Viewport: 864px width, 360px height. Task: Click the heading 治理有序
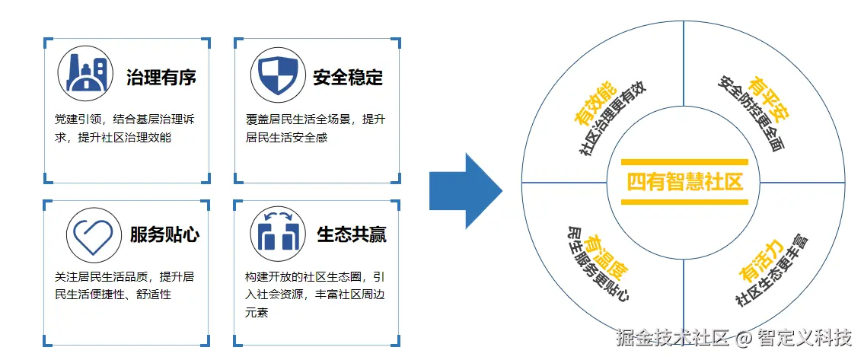(161, 78)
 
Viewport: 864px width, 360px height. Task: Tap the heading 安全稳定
(348, 78)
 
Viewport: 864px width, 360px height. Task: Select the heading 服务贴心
(164, 234)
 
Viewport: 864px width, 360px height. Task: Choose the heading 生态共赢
(352, 234)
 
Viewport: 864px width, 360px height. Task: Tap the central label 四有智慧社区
(684, 183)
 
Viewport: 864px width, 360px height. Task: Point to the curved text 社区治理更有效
(613, 119)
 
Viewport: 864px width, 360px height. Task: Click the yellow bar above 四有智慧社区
(684, 163)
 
